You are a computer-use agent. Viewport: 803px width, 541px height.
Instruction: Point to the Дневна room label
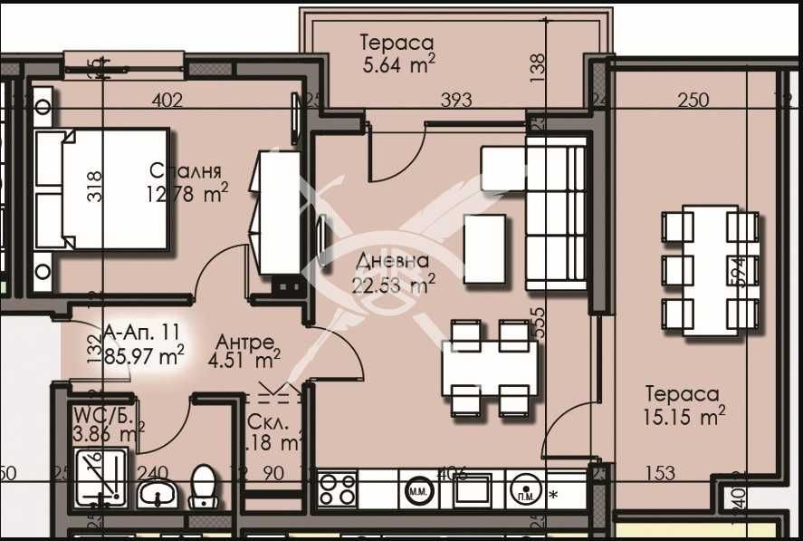pyautogui.click(x=392, y=262)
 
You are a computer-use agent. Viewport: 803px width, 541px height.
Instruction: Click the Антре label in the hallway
pyautogui.click(x=244, y=343)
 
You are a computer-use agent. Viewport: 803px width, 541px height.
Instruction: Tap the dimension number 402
pyautogui.click(x=167, y=101)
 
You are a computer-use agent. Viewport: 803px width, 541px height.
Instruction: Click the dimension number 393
pyautogui.click(x=454, y=101)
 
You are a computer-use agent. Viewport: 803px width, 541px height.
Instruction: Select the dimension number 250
pyautogui.click(x=693, y=101)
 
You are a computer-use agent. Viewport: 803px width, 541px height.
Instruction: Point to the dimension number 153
pyautogui.click(x=660, y=472)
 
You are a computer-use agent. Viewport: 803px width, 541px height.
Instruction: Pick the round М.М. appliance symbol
pyautogui.click(x=419, y=490)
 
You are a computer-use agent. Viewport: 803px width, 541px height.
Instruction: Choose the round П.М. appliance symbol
pyautogui.click(x=525, y=490)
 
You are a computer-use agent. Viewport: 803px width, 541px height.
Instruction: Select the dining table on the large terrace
pyautogui.click(x=711, y=270)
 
